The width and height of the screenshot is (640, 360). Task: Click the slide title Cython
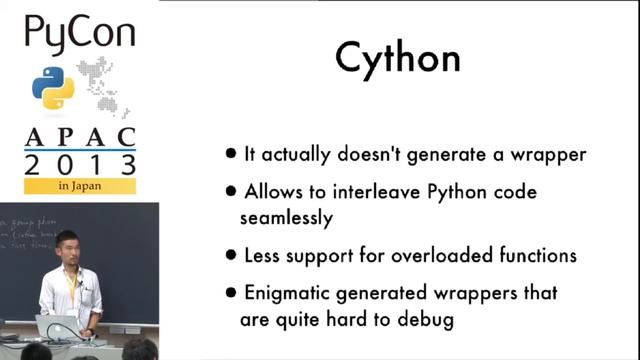(x=398, y=59)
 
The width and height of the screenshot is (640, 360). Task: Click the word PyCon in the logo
(x=79, y=37)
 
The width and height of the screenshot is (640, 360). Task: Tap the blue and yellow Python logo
(x=52, y=88)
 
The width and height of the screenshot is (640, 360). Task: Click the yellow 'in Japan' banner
(x=80, y=186)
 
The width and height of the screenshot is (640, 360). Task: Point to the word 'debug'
(x=427, y=320)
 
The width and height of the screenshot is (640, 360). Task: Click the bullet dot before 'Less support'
(x=232, y=256)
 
